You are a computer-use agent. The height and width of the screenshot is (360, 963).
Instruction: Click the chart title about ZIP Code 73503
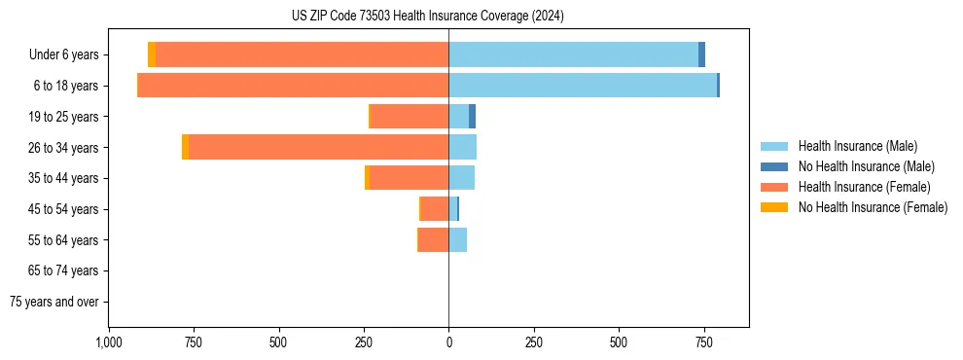coord(427,17)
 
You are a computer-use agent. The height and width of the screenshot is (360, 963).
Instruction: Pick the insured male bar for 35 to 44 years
coord(461,178)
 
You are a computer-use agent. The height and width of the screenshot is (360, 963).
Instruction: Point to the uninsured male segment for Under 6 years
coord(701,54)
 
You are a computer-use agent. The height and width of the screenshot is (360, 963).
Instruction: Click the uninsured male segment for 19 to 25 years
coord(472,117)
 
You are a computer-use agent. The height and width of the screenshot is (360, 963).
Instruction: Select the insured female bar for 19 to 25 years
coord(410,117)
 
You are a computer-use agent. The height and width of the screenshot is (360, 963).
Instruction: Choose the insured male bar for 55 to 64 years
coord(457,239)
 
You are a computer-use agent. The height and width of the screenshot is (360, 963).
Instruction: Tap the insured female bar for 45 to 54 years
coord(435,208)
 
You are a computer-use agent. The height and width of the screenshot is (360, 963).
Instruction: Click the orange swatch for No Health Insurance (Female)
coord(774,207)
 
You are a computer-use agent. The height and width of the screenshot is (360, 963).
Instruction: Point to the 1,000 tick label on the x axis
coord(109,342)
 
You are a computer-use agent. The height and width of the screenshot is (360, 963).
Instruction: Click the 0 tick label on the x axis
coord(448,342)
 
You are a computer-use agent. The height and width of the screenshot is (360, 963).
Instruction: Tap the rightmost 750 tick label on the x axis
coord(703,342)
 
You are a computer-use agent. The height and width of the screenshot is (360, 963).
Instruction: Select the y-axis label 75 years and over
coord(53,302)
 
